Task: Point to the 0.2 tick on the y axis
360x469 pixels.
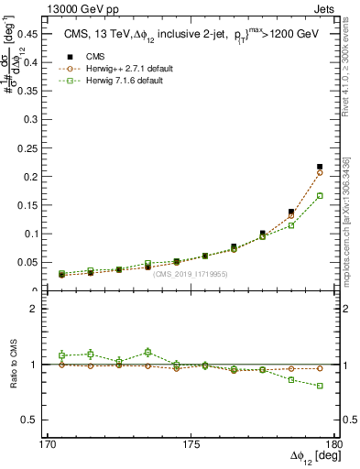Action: click(x=40, y=176)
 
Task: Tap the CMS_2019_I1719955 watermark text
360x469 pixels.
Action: click(x=191, y=274)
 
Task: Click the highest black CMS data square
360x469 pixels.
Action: click(x=320, y=167)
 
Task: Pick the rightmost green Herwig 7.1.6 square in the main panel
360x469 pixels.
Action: click(x=320, y=195)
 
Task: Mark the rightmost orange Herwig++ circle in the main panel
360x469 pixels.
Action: click(x=320, y=172)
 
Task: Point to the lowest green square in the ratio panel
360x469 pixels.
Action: click(x=320, y=386)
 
